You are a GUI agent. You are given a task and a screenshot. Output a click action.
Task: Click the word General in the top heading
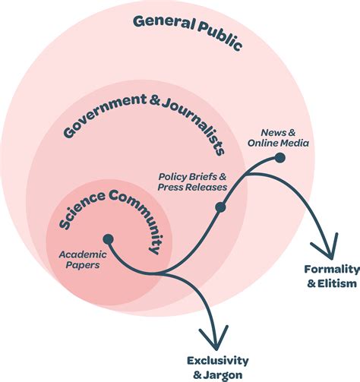pos(164,23)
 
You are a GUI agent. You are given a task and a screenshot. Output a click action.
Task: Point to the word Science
pos(82,210)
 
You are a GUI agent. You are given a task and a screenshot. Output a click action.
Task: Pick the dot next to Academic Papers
pos(108,239)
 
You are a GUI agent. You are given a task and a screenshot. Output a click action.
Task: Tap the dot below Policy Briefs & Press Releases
pos(220,207)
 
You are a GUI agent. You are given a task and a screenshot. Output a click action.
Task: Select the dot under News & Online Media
pos(280,158)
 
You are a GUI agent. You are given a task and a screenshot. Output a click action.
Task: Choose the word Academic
pos(83,254)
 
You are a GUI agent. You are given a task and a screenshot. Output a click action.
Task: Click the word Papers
pos(83,265)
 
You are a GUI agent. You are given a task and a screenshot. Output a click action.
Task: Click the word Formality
pos(332,270)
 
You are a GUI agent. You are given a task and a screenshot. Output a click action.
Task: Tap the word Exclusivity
pos(218,361)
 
